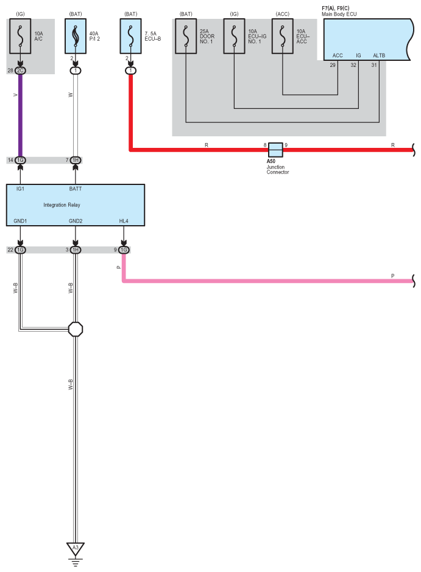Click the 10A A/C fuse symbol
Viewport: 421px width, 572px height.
click(x=21, y=37)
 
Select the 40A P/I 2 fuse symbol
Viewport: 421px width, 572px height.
click(x=75, y=37)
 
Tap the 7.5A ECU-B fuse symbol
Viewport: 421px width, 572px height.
click(x=130, y=37)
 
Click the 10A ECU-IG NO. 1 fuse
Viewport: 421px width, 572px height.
click(x=234, y=37)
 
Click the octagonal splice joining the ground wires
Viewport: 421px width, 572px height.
click(x=76, y=329)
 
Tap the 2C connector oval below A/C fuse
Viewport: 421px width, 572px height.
click(x=21, y=71)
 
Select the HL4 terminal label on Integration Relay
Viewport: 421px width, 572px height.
click(x=124, y=220)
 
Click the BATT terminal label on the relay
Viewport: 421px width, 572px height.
click(x=76, y=189)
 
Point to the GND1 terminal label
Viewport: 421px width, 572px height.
click(x=21, y=220)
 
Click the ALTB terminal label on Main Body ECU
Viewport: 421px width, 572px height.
click(x=379, y=55)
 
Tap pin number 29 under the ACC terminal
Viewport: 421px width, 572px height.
click(x=333, y=65)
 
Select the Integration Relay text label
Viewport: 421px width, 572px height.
click(x=62, y=205)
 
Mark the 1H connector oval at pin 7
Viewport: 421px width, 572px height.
click(x=76, y=160)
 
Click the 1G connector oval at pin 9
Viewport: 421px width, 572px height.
click(x=124, y=249)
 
